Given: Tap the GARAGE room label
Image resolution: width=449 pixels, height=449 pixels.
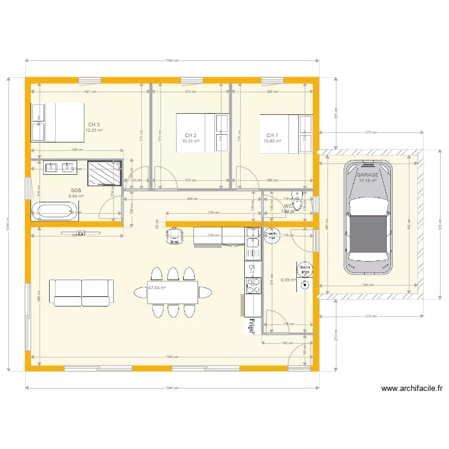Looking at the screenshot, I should click(368, 175).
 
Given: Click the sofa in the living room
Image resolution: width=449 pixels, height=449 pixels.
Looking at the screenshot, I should click(83, 293).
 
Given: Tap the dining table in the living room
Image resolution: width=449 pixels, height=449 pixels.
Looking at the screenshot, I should click(173, 293).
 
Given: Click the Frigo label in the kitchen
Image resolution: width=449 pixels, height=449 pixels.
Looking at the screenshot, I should click(252, 324).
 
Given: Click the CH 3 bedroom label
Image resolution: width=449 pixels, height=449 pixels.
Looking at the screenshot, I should click(94, 125).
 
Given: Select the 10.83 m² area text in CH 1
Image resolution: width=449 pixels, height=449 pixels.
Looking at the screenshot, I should click(272, 141).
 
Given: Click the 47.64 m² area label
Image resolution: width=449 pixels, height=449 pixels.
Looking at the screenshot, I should click(157, 288).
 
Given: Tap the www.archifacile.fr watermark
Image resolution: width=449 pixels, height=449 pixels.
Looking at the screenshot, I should click(412, 389).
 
